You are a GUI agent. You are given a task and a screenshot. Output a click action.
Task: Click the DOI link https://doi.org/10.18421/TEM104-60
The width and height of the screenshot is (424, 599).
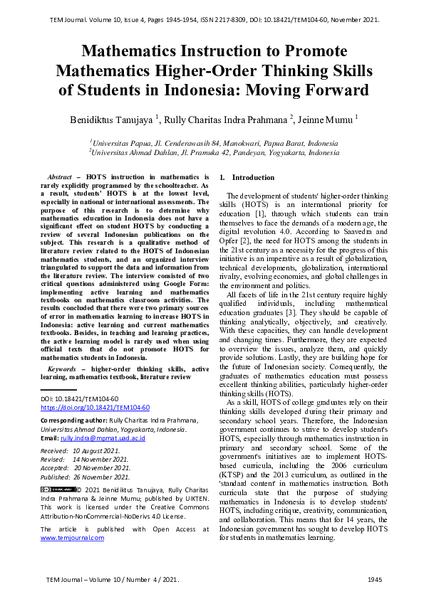pos(95,408)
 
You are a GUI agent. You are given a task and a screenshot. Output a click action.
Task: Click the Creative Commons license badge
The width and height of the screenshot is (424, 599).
pos(58,489)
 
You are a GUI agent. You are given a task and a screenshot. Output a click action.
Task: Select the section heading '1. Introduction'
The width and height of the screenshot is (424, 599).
pos(247,177)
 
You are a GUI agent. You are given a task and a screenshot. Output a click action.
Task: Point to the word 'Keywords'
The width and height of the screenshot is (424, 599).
pos(61,369)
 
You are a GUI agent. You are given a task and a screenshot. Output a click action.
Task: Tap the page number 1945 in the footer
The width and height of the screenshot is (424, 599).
pos(375,580)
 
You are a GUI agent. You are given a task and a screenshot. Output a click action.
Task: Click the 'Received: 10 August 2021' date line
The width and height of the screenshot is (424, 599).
pos(81,450)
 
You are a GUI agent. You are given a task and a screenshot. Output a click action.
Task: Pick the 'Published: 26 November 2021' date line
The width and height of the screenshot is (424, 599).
pos(85,476)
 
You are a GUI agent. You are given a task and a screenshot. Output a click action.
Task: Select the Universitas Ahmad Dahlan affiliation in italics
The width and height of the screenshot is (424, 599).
pos(214,152)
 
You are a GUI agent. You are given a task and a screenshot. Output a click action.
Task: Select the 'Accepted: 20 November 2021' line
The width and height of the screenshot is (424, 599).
pos(85,467)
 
